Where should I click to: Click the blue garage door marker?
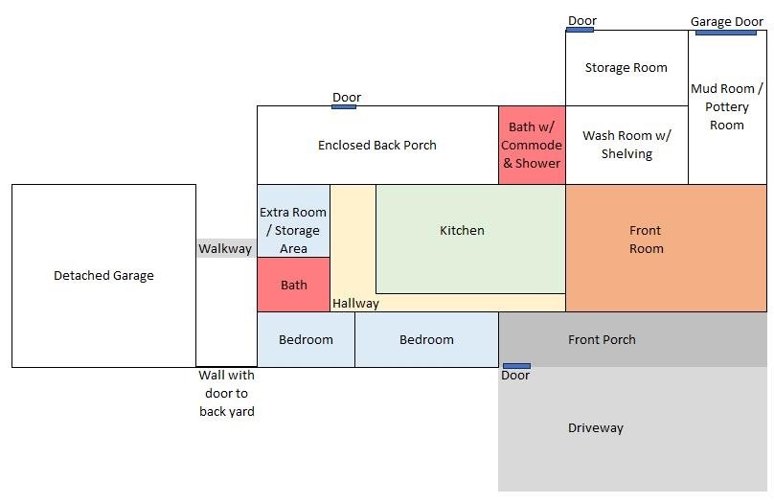coord(726,33)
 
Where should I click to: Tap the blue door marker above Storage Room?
coord(580,30)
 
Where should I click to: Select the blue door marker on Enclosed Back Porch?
coord(344,106)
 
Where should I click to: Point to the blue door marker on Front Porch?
coord(516,366)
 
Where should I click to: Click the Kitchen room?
coord(470,239)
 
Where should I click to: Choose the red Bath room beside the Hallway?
coord(293,285)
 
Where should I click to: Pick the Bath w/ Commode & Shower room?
coord(532,145)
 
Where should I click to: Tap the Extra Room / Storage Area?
coord(293,220)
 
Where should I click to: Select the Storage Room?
coord(626,68)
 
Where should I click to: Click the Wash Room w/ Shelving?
coord(626,145)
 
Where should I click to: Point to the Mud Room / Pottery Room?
coord(728,107)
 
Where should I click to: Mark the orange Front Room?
coord(666,248)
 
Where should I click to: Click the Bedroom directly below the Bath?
coord(306,339)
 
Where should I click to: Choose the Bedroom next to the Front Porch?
coord(426,339)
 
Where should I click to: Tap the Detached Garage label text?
coord(103,275)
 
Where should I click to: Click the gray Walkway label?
coord(225,248)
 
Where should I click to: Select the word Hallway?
coord(355,303)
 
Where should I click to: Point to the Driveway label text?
coord(595,427)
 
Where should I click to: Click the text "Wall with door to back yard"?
coord(227,393)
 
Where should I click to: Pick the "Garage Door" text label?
coord(727,22)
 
